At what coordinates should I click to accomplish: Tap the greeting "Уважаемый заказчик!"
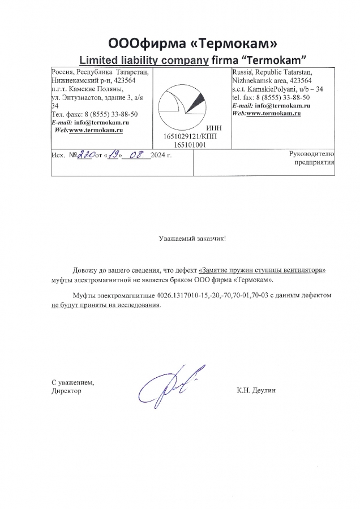click(x=192, y=239)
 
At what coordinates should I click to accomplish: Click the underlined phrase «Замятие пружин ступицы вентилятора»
click(x=263, y=270)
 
